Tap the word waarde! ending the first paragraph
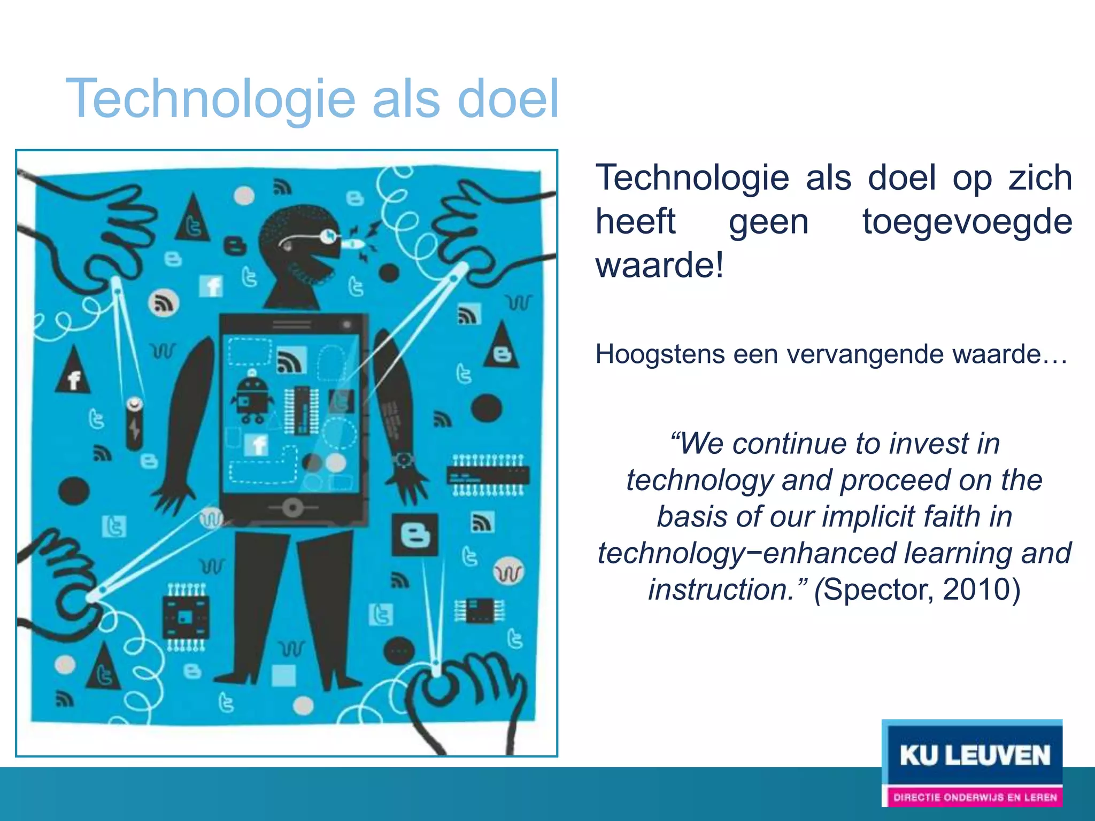pyautogui.click(x=660, y=265)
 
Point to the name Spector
pyautogui.click(x=877, y=590)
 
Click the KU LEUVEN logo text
pyautogui.click(x=974, y=756)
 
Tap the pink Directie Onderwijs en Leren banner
pyautogui.click(x=974, y=797)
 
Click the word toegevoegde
pyautogui.click(x=967, y=221)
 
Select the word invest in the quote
pyautogui.click(x=929, y=444)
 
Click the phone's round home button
pyautogui.click(x=292, y=507)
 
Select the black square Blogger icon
pyautogui.click(x=415, y=535)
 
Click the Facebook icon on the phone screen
pyautogui.click(x=257, y=444)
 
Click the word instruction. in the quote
pyautogui.click(x=727, y=590)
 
